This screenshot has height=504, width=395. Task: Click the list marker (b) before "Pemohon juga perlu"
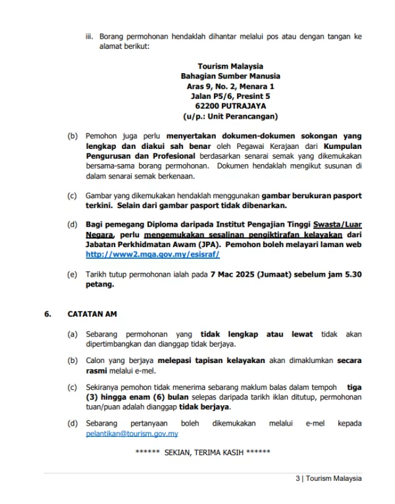(72, 136)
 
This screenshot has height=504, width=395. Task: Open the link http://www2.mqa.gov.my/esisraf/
(152, 254)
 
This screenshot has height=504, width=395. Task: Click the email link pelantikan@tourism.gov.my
(132, 434)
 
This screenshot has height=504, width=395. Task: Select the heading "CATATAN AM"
(92, 314)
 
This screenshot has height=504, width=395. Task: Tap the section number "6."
(47, 314)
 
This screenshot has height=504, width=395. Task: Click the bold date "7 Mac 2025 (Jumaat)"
(237, 275)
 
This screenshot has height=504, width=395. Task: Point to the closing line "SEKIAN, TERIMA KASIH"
(202, 453)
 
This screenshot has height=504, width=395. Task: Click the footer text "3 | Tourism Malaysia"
(328, 479)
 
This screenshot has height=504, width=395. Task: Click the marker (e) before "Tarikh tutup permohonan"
(72, 275)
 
